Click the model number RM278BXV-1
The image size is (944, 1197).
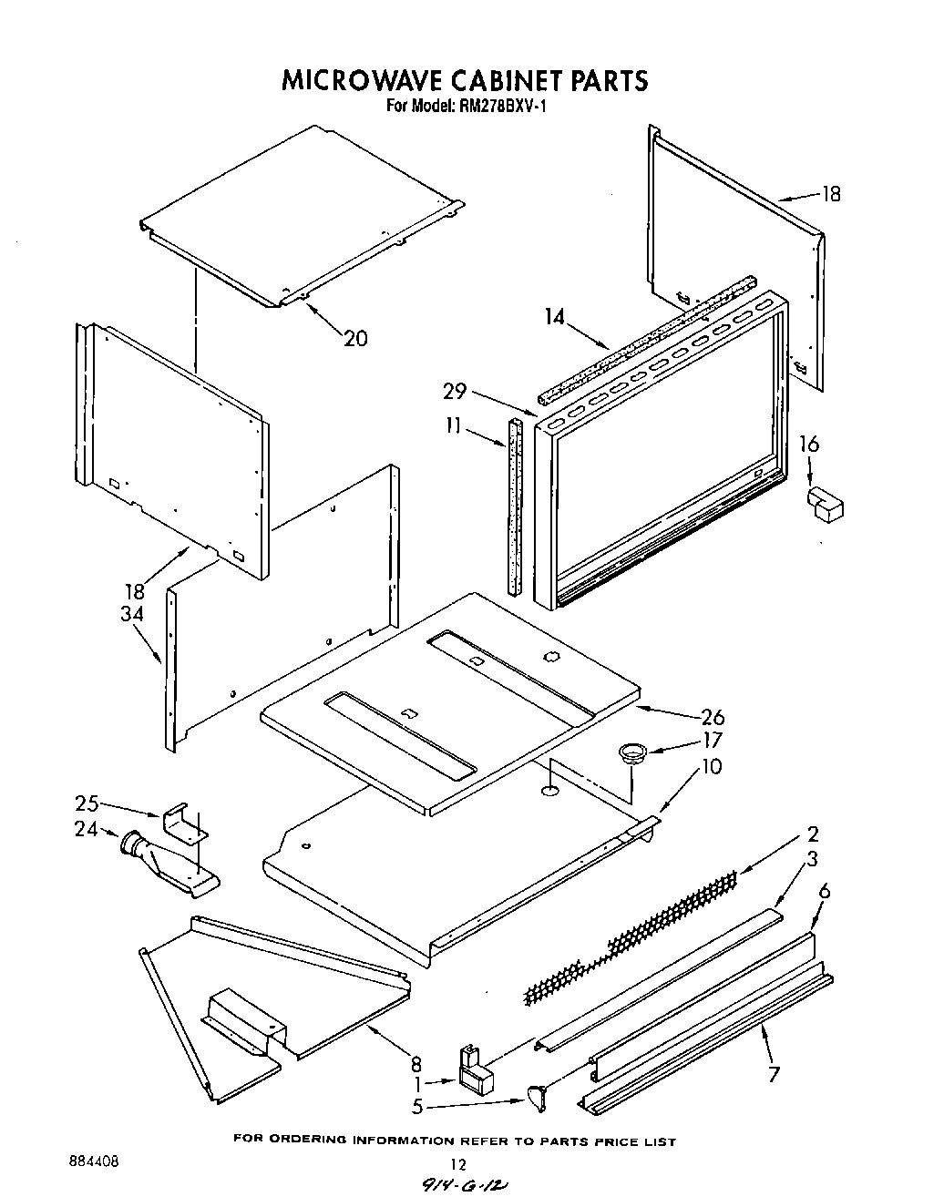pos(498,106)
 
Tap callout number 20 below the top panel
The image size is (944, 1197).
pos(355,338)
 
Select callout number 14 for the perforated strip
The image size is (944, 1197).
pos(555,318)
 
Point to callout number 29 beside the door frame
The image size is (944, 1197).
pos(455,392)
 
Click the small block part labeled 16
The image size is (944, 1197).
pos(824,504)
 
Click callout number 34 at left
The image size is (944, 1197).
pos(132,615)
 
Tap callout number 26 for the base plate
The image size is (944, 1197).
pos(712,717)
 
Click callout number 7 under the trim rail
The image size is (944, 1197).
pos(774,1073)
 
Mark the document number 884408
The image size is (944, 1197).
pos(93,1162)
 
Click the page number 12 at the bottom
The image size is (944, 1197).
pos(459,1164)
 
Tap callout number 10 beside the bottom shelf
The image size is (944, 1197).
pos(711,766)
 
